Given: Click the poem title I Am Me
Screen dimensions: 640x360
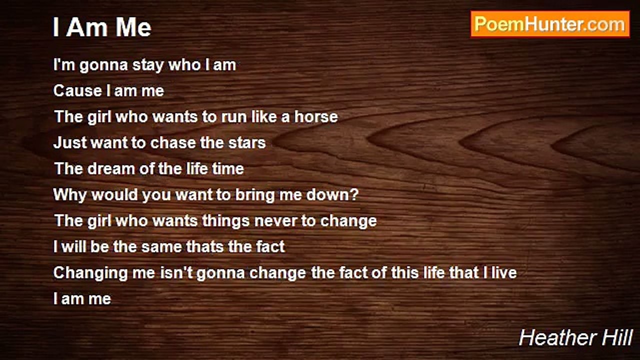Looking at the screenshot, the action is click(x=102, y=27).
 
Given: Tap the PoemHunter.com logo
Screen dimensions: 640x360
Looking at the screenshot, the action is click(x=550, y=24).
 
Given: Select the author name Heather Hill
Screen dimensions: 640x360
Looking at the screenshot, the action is click(x=575, y=338).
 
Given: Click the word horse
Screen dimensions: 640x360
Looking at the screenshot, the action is click(x=316, y=117).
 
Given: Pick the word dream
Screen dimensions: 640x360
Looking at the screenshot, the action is click(x=111, y=168).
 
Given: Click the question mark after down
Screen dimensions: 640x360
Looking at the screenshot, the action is click(x=354, y=194).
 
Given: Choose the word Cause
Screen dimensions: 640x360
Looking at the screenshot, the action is click(x=77, y=91).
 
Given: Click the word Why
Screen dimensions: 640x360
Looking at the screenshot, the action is click(x=70, y=195).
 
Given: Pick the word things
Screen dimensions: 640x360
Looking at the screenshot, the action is click(x=226, y=221).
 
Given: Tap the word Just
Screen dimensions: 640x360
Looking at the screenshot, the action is click(x=69, y=143).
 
